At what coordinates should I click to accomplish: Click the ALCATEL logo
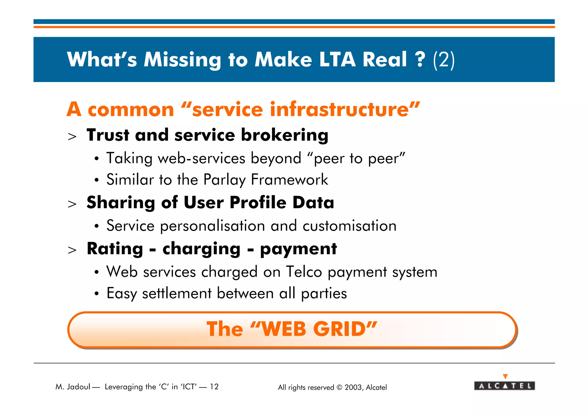point(504,386)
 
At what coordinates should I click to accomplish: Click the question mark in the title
point(420,59)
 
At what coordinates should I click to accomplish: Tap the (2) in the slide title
point(444,60)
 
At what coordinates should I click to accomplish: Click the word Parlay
point(224,180)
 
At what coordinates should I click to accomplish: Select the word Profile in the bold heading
point(258,203)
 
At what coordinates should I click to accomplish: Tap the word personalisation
point(212,226)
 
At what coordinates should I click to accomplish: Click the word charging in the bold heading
point(202,249)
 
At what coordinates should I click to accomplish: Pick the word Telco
point(304,272)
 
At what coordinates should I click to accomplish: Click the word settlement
point(177,293)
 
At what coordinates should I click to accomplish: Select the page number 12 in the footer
point(214,387)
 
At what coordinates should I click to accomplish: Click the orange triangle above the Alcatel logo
point(505,376)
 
